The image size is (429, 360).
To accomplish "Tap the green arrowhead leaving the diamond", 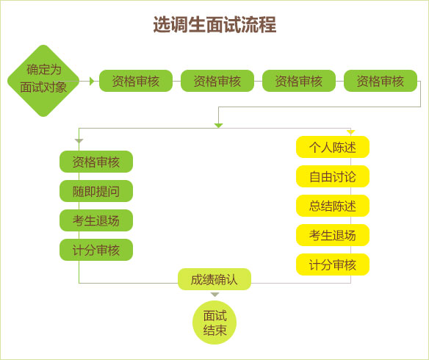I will point(92,81).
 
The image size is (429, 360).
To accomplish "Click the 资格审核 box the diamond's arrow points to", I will point(136,81).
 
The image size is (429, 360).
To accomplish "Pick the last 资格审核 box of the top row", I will point(381,81).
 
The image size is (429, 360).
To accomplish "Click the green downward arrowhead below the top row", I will point(218,125).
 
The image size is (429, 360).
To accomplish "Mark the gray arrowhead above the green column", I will point(79,140).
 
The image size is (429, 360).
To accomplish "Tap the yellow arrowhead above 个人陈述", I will point(350,132).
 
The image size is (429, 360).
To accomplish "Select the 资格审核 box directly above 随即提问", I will point(96,162).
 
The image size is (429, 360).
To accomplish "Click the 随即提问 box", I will point(96,191).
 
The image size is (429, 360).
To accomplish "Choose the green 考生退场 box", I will point(96,220).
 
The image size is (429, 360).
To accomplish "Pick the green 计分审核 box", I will point(96,250).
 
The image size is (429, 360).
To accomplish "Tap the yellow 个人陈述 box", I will point(333,147).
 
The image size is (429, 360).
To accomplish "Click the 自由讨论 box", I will point(333,176).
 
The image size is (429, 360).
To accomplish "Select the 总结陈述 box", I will point(333,206).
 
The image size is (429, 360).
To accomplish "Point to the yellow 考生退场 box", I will point(333,235).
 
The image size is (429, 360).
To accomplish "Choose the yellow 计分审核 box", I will point(333,264).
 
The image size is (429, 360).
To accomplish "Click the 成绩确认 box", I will point(214,279).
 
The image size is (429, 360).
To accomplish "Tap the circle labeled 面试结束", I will point(214,323).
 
